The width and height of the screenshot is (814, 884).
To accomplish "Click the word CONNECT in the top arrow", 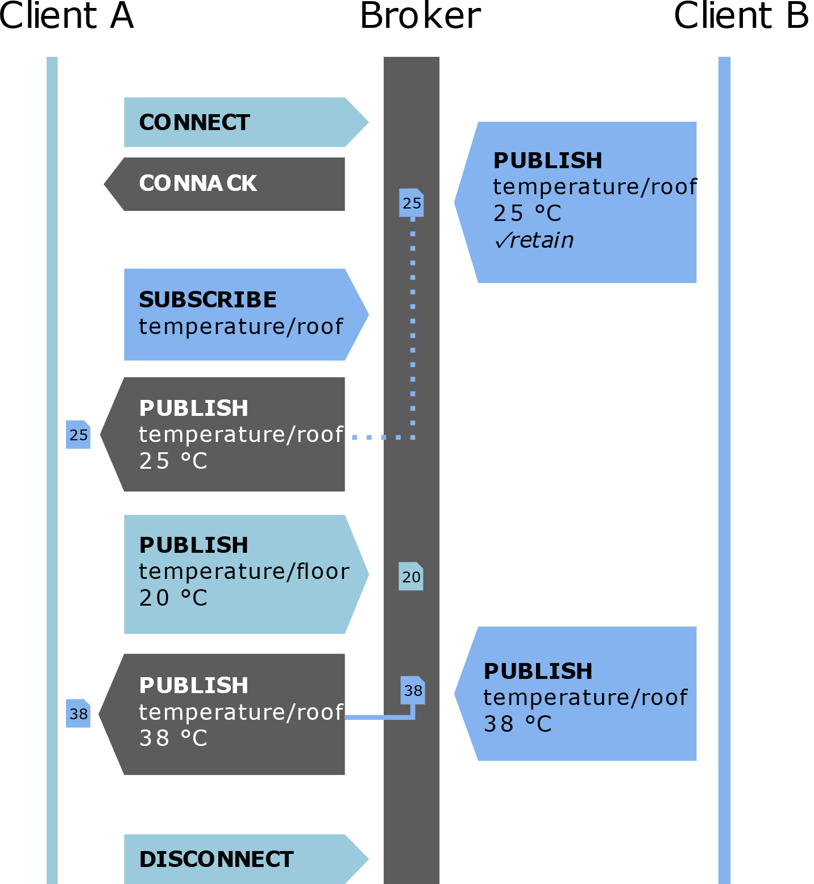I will (x=194, y=123).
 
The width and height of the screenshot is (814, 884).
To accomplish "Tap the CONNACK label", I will (x=197, y=184).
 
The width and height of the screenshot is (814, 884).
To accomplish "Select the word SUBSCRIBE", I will (x=207, y=300).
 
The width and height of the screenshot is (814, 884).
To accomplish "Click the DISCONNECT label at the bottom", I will (x=216, y=860).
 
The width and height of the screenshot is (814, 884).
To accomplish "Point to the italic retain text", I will (x=541, y=240).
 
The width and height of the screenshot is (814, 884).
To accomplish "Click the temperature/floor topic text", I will (x=244, y=572).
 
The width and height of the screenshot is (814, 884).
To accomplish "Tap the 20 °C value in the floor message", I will (x=173, y=598).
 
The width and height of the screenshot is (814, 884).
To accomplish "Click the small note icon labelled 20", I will (x=411, y=577).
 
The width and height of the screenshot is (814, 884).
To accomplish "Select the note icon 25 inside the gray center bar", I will (x=412, y=203).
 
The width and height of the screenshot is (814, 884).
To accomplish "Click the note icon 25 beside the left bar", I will (x=78, y=435).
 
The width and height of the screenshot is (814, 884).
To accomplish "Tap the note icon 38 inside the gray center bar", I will (x=413, y=690).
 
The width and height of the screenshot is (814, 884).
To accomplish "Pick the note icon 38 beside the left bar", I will (x=78, y=714).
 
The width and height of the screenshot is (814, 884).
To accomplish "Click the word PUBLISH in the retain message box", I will (x=547, y=161).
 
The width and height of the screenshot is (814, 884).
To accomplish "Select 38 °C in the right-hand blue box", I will (x=517, y=724).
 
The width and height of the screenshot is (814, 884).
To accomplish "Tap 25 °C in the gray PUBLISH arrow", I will (x=173, y=461).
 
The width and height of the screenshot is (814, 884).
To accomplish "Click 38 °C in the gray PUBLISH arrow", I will (x=173, y=739).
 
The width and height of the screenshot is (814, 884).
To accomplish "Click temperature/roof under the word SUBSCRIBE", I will (x=240, y=327).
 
